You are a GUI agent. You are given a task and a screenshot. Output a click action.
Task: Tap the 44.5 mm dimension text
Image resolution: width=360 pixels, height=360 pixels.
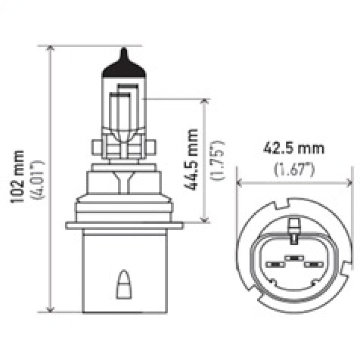pyautogui.click(x=193, y=159)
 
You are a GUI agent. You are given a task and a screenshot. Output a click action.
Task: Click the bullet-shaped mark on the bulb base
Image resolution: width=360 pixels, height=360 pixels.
pyautogui.click(x=121, y=285)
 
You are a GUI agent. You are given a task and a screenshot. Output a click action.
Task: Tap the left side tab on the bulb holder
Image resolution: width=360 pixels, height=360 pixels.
pyautogui.click(x=95, y=147)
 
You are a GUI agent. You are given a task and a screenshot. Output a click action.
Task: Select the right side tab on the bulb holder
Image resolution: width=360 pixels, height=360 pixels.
pyautogui.click(x=151, y=147)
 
